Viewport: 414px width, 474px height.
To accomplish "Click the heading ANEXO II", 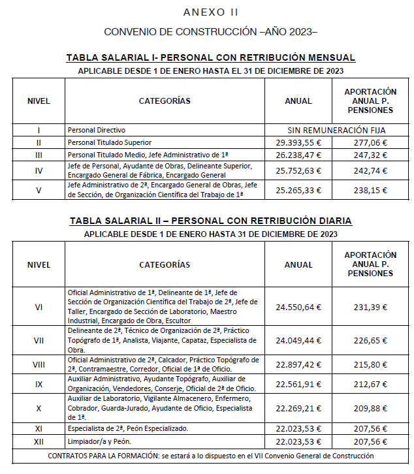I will (211, 12).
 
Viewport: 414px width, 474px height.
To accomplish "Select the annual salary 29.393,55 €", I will (298, 142).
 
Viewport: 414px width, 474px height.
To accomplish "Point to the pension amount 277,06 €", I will (370, 142).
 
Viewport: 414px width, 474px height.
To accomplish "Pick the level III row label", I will (39, 155).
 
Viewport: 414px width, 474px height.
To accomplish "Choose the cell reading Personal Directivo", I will (97, 130).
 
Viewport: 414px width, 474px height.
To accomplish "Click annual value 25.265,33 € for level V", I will (298, 191).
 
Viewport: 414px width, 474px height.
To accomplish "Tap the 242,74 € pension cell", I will (370, 171).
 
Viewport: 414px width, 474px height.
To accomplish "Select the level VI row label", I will (39, 307).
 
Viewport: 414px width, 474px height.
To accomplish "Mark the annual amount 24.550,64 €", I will (298, 307).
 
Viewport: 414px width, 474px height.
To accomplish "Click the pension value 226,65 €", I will (370, 340).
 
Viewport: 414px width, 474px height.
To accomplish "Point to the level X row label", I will (39, 408).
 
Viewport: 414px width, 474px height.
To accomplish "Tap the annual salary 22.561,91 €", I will (298, 384).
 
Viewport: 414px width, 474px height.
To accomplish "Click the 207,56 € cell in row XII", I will (370, 442).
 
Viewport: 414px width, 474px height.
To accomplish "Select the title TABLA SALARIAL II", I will (210, 221).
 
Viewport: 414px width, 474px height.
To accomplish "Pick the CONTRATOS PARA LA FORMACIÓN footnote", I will (211, 456).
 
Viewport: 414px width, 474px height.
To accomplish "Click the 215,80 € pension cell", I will (370, 364).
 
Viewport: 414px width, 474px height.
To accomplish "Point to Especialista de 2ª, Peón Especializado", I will (128, 428).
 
